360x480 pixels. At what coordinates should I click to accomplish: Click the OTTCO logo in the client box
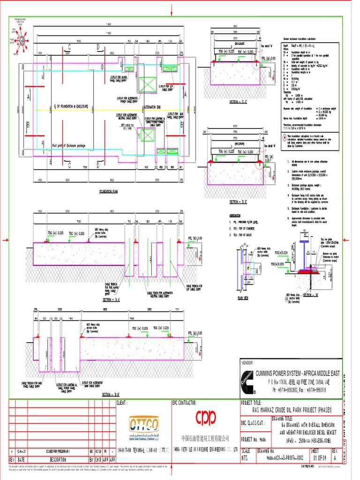tap(143, 424)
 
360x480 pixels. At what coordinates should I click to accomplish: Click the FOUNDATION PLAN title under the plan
tap(109, 192)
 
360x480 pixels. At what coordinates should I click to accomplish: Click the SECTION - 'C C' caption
tap(239, 101)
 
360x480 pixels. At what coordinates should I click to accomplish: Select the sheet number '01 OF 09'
tap(320, 458)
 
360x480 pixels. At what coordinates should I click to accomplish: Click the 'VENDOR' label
tap(247, 363)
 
